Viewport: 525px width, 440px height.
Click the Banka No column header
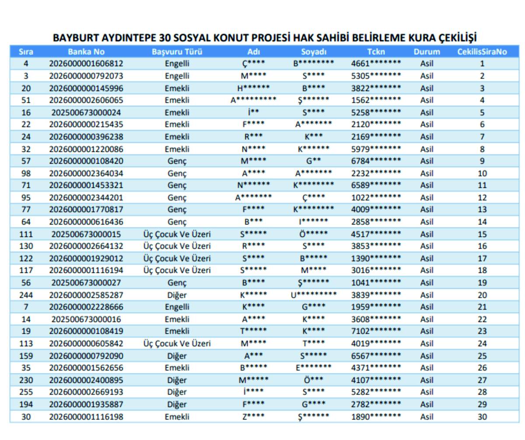[x=86, y=52]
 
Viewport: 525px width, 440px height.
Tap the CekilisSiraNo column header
[x=482, y=52]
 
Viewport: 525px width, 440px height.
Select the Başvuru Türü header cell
[x=177, y=52]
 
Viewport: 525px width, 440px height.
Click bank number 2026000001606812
[x=86, y=63]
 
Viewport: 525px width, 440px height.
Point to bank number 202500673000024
[x=86, y=113]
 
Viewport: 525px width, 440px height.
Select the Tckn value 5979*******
[x=376, y=149]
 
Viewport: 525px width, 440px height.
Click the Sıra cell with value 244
[x=26, y=295]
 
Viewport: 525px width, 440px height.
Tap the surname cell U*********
[x=314, y=295]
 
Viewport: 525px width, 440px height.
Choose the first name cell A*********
[x=254, y=100]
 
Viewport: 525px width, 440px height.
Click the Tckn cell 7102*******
[x=376, y=331]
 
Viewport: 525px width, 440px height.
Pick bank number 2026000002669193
[x=86, y=392]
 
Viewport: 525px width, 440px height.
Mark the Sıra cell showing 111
[x=26, y=234]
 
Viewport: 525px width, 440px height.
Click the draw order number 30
[x=482, y=417]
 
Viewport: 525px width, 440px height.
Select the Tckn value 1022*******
[x=376, y=197]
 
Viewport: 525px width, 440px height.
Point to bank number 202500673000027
[x=86, y=283]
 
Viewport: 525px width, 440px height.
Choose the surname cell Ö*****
[x=314, y=234]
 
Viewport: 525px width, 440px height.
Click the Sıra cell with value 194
[x=26, y=404]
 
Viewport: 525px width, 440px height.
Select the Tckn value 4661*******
[x=376, y=63]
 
